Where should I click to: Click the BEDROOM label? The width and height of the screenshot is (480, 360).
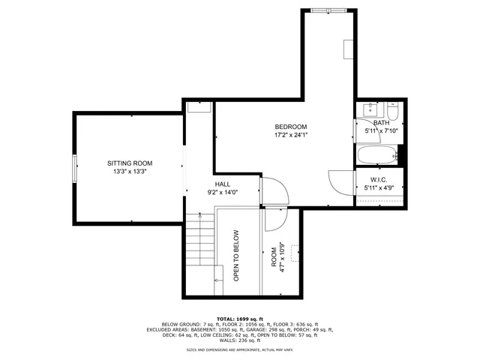tap(290, 127)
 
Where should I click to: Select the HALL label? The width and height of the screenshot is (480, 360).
tap(223, 184)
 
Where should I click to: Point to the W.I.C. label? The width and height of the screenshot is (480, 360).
tap(379, 179)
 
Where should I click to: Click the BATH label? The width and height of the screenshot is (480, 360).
tap(381, 123)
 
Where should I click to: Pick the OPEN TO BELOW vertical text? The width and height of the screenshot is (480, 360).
tap(235, 255)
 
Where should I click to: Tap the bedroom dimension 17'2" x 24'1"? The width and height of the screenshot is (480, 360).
tap(291, 136)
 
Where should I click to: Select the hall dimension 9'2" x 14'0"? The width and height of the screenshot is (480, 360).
tap(223, 192)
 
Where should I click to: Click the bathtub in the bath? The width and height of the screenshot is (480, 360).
tap(377, 155)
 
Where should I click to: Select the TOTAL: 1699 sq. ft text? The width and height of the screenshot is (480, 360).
tap(240, 319)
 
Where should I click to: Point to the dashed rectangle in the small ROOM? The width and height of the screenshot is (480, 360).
tap(295, 254)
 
